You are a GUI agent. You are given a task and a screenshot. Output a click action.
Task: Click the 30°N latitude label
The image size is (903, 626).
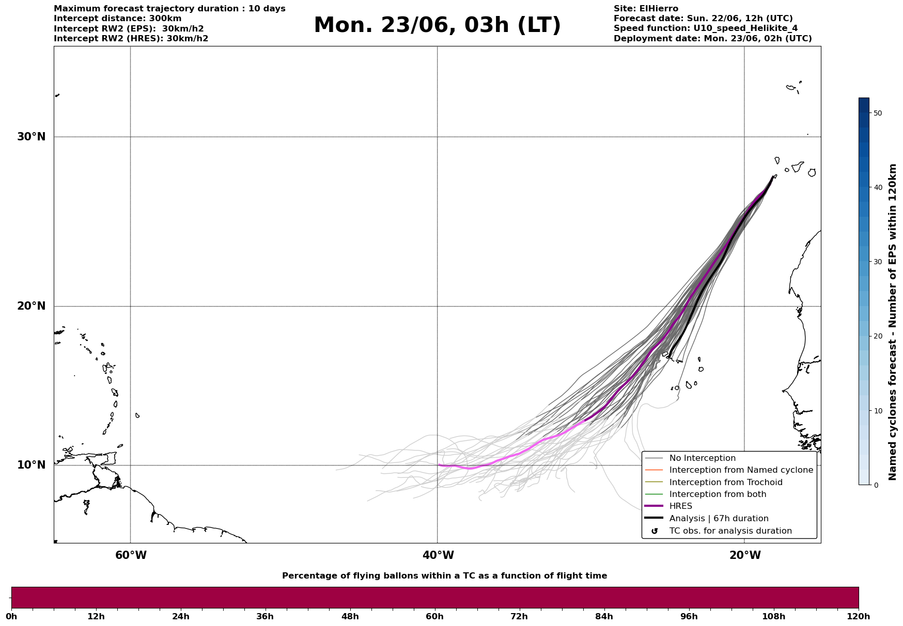point(31,137)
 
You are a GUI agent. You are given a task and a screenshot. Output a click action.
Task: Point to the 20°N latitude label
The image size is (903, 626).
point(31,306)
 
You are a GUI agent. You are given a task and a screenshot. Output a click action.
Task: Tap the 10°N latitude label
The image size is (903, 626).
point(31,465)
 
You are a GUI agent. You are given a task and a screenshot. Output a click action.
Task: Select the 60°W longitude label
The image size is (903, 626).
point(131,555)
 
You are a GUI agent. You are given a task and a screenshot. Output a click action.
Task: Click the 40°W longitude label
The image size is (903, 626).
point(438,555)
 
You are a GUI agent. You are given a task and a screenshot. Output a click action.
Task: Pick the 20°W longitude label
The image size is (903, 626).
point(745,555)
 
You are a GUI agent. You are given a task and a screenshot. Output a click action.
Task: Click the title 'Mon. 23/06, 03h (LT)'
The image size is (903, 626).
point(437,25)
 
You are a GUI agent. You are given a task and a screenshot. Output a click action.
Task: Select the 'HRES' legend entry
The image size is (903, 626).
point(680,506)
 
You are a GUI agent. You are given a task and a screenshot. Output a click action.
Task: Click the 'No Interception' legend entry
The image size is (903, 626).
point(702,458)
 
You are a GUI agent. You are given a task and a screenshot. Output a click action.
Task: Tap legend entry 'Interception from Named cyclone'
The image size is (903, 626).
point(741,470)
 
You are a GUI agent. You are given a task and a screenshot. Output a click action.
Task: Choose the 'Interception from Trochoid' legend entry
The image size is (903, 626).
point(725,483)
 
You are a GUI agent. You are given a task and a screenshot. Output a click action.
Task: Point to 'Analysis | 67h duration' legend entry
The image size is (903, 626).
point(719,519)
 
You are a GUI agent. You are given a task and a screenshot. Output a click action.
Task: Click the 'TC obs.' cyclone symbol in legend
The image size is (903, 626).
point(655,531)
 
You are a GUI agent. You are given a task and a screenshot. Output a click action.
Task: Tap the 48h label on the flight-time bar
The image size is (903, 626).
point(350,617)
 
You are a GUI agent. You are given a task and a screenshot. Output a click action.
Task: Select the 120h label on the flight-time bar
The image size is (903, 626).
point(859,617)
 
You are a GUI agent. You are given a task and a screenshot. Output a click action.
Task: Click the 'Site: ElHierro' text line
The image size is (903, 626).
point(646,9)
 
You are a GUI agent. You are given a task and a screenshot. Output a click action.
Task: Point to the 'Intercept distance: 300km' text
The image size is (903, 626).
point(117,19)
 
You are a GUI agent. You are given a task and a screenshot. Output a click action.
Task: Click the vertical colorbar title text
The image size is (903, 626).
point(892,322)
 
